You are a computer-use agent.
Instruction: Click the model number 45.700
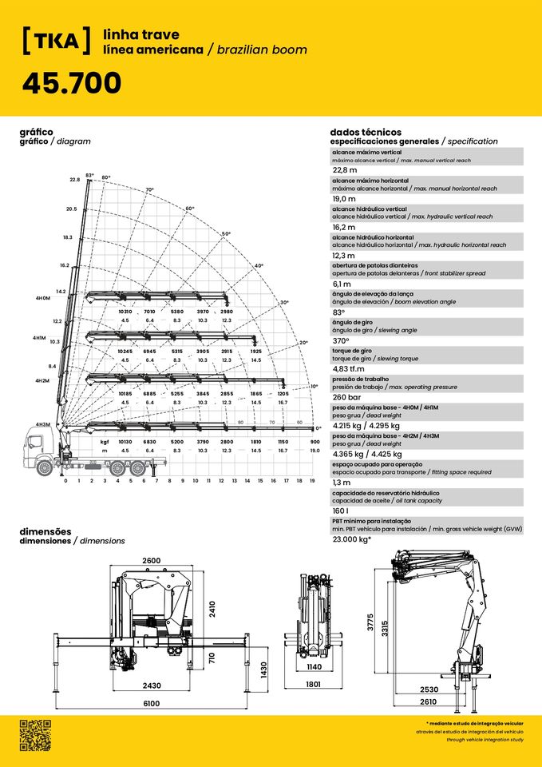[x=72, y=82]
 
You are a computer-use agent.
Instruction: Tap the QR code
[x=35, y=735]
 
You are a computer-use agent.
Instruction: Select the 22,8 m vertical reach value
[x=345, y=169]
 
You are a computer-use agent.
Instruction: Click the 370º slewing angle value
[x=342, y=341]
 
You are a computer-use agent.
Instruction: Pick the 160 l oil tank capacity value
[x=342, y=511]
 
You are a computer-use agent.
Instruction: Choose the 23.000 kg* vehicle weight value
[x=352, y=539]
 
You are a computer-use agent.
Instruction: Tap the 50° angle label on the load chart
[x=226, y=233]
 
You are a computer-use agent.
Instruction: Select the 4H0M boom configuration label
[x=43, y=298]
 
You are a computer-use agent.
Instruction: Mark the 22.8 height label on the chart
[x=75, y=180]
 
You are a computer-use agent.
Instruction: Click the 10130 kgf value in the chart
[x=125, y=441]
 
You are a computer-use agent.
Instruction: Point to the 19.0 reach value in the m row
[x=315, y=451]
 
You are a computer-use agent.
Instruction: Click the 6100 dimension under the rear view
[x=152, y=703]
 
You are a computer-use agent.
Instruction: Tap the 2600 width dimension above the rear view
[x=152, y=562]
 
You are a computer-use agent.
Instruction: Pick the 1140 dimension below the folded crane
[x=315, y=666]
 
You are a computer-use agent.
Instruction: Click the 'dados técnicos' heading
[x=365, y=132]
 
